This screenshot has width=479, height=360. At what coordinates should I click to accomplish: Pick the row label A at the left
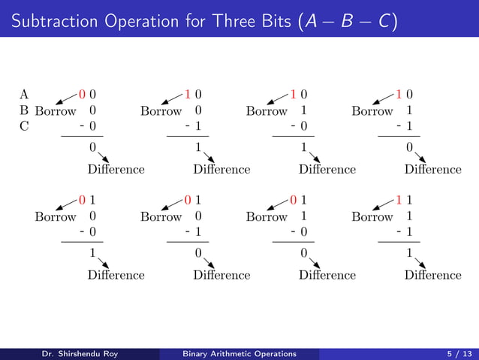coord(24,95)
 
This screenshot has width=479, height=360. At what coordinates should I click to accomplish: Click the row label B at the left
coord(24,111)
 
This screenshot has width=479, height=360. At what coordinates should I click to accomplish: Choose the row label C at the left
coord(24,126)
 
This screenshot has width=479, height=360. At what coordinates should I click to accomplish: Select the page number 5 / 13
coord(456,353)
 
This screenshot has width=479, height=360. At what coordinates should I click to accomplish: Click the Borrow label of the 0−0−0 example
coord(56,111)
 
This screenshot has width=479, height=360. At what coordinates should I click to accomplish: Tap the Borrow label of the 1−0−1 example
coord(161,217)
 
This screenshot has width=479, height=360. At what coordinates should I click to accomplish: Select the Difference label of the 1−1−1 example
coord(432,275)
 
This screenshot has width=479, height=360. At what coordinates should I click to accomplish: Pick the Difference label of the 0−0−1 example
coord(221,169)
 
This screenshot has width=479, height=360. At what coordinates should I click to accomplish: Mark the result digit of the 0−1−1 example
coord(409,147)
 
